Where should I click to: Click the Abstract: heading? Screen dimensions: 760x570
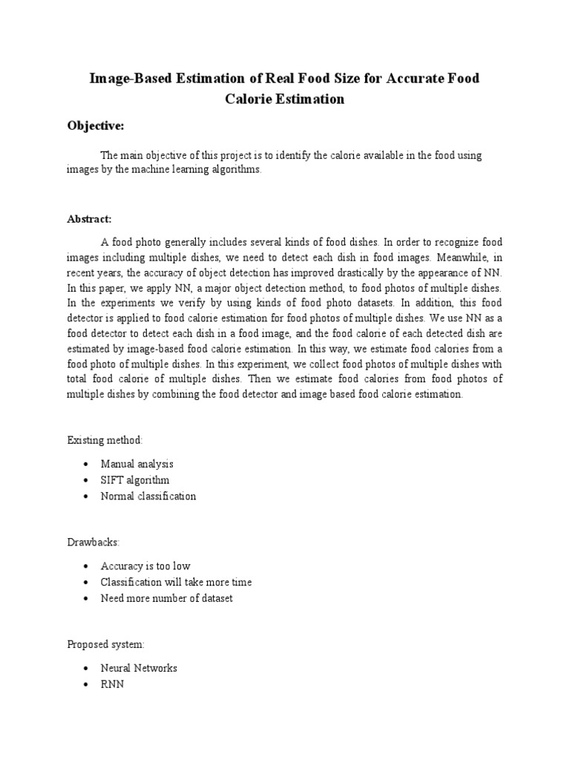coord(90,219)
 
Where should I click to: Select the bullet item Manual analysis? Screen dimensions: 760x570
coord(137,464)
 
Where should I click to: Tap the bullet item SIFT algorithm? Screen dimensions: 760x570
coord(134,480)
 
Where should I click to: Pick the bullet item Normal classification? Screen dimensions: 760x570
coord(148,497)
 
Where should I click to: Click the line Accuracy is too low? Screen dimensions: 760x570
coord(145,566)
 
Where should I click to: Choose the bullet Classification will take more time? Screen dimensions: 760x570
coord(176,582)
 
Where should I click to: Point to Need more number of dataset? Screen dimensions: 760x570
coord(166,598)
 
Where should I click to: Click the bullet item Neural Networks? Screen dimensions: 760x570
coord(139,668)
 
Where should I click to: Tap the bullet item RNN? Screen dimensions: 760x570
coord(112,684)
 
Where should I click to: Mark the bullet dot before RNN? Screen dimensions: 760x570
coord(87,684)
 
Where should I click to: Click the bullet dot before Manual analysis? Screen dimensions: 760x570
coord(87,465)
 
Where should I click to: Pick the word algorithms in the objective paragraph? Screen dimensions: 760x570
coord(235,169)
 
